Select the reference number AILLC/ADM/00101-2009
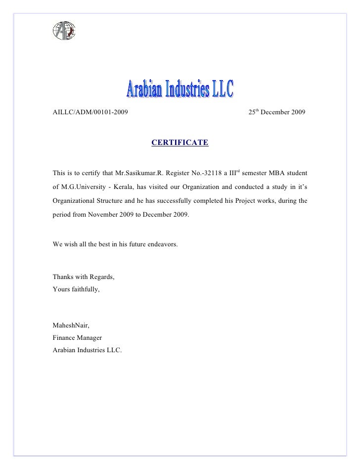coord(90,113)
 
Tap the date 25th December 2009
coord(276,113)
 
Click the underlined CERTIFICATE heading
coord(180,143)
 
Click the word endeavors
coord(160,245)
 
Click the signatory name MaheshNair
coord(71,326)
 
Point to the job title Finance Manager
coord(77,338)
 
